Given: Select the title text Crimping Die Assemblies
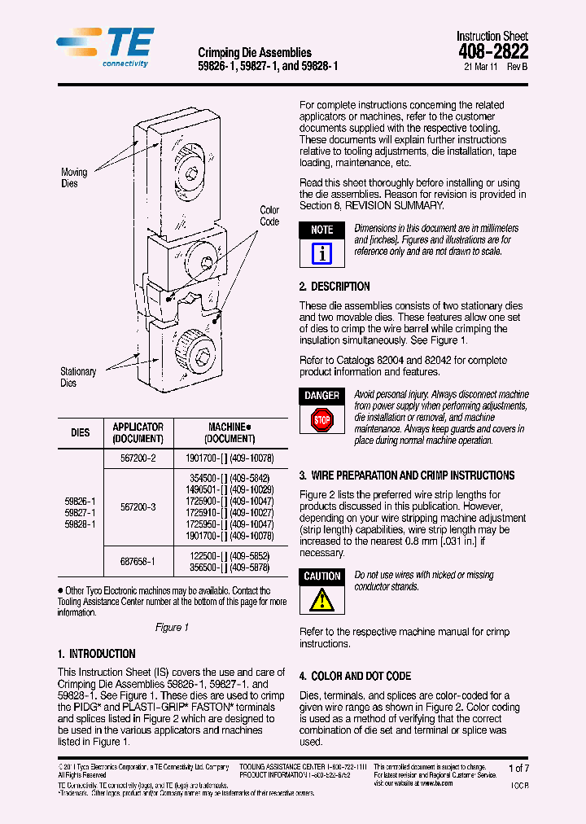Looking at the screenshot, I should click(x=255, y=53).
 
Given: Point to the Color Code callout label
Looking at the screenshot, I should click(x=269, y=216).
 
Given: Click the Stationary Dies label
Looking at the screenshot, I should click(x=77, y=377).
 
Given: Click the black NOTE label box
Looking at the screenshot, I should click(x=322, y=230).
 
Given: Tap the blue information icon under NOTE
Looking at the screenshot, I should click(x=322, y=254).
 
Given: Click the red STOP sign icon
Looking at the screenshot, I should click(x=322, y=421).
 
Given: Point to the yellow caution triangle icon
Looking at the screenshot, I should click(x=322, y=601).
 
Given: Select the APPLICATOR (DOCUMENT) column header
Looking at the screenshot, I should click(x=138, y=432).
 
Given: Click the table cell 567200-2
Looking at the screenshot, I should click(x=138, y=458).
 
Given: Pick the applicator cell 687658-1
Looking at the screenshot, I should click(x=138, y=562).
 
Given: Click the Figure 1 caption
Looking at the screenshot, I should click(x=172, y=627).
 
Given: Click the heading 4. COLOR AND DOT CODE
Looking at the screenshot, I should click(x=355, y=677).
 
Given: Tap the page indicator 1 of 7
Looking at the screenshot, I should click(x=518, y=768).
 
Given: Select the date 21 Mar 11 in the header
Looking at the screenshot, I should click(x=479, y=68).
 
